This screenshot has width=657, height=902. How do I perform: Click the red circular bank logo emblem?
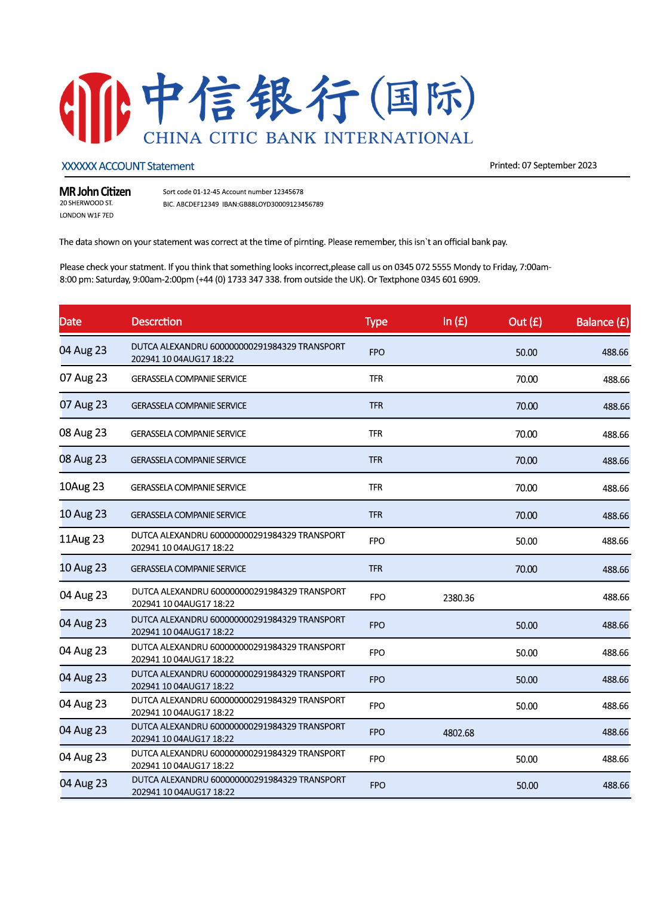(95, 108)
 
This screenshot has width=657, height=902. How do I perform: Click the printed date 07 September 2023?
(559, 165)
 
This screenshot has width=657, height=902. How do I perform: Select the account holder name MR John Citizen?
(95, 192)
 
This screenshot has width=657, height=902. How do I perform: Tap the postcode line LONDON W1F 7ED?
(87, 216)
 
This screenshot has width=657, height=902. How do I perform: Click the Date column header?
(70, 321)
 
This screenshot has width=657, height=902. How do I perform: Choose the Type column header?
(376, 321)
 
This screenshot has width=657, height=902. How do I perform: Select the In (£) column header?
(455, 321)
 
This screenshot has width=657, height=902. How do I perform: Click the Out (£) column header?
(525, 321)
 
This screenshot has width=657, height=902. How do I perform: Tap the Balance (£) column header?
(602, 322)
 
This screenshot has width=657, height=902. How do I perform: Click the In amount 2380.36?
(459, 598)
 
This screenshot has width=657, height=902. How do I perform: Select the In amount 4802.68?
(459, 733)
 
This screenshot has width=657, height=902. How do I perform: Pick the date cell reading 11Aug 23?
(82, 539)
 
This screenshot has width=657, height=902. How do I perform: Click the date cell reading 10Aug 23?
(82, 487)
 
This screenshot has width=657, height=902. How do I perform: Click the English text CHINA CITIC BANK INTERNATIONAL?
(308, 138)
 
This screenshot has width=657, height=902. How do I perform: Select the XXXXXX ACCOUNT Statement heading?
(128, 166)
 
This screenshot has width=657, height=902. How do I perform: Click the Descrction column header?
(156, 321)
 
